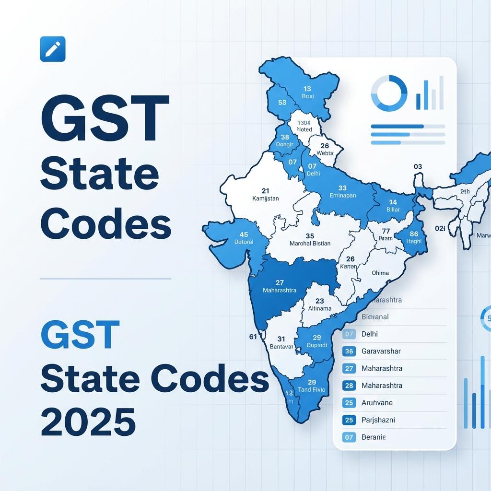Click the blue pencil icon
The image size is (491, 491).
pyautogui.click(x=52, y=49)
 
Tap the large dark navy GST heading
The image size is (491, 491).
pyautogui.click(x=105, y=119)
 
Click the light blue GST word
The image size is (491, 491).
pyautogui.click(x=80, y=335)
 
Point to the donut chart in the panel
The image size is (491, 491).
pyautogui.click(x=389, y=93)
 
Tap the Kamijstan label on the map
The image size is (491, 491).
pyautogui.click(x=265, y=198)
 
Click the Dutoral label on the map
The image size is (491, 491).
pyautogui.click(x=244, y=242)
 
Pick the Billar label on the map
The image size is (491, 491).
pyautogui.click(x=393, y=210)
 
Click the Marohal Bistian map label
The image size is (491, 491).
pyautogui.click(x=310, y=243)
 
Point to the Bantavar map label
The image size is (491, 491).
pyautogui.click(x=281, y=346)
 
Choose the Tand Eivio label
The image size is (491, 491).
pyautogui.click(x=311, y=390)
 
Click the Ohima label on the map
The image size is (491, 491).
pyautogui.click(x=380, y=273)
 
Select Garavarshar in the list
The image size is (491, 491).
pyautogui.click(x=381, y=351)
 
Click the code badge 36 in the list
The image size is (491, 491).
pyautogui.click(x=349, y=351)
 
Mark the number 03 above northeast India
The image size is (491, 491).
pyautogui.click(x=418, y=167)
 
